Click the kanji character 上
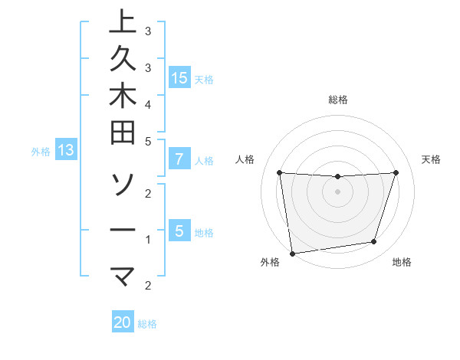[x=123, y=21]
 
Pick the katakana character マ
[x=123, y=274]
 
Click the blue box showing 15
[x=179, y=77]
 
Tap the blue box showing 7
[x=179, y=159]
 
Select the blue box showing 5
[x=179, y=231]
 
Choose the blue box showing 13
[x=66, y=150]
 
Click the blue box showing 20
[x=123, y=322]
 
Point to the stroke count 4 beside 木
[x=147, y=103]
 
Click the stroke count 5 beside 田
[x=147, y=142]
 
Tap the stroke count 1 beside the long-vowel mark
[x=147, y=240]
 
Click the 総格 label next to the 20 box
[x=147, y=324]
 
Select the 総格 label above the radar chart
[x=337, y=100]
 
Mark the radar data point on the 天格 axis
[x=396, y=172]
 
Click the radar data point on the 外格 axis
[x=292, y=252]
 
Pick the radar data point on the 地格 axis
[x=374, y=242]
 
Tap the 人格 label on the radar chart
[x=245, y=159]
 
